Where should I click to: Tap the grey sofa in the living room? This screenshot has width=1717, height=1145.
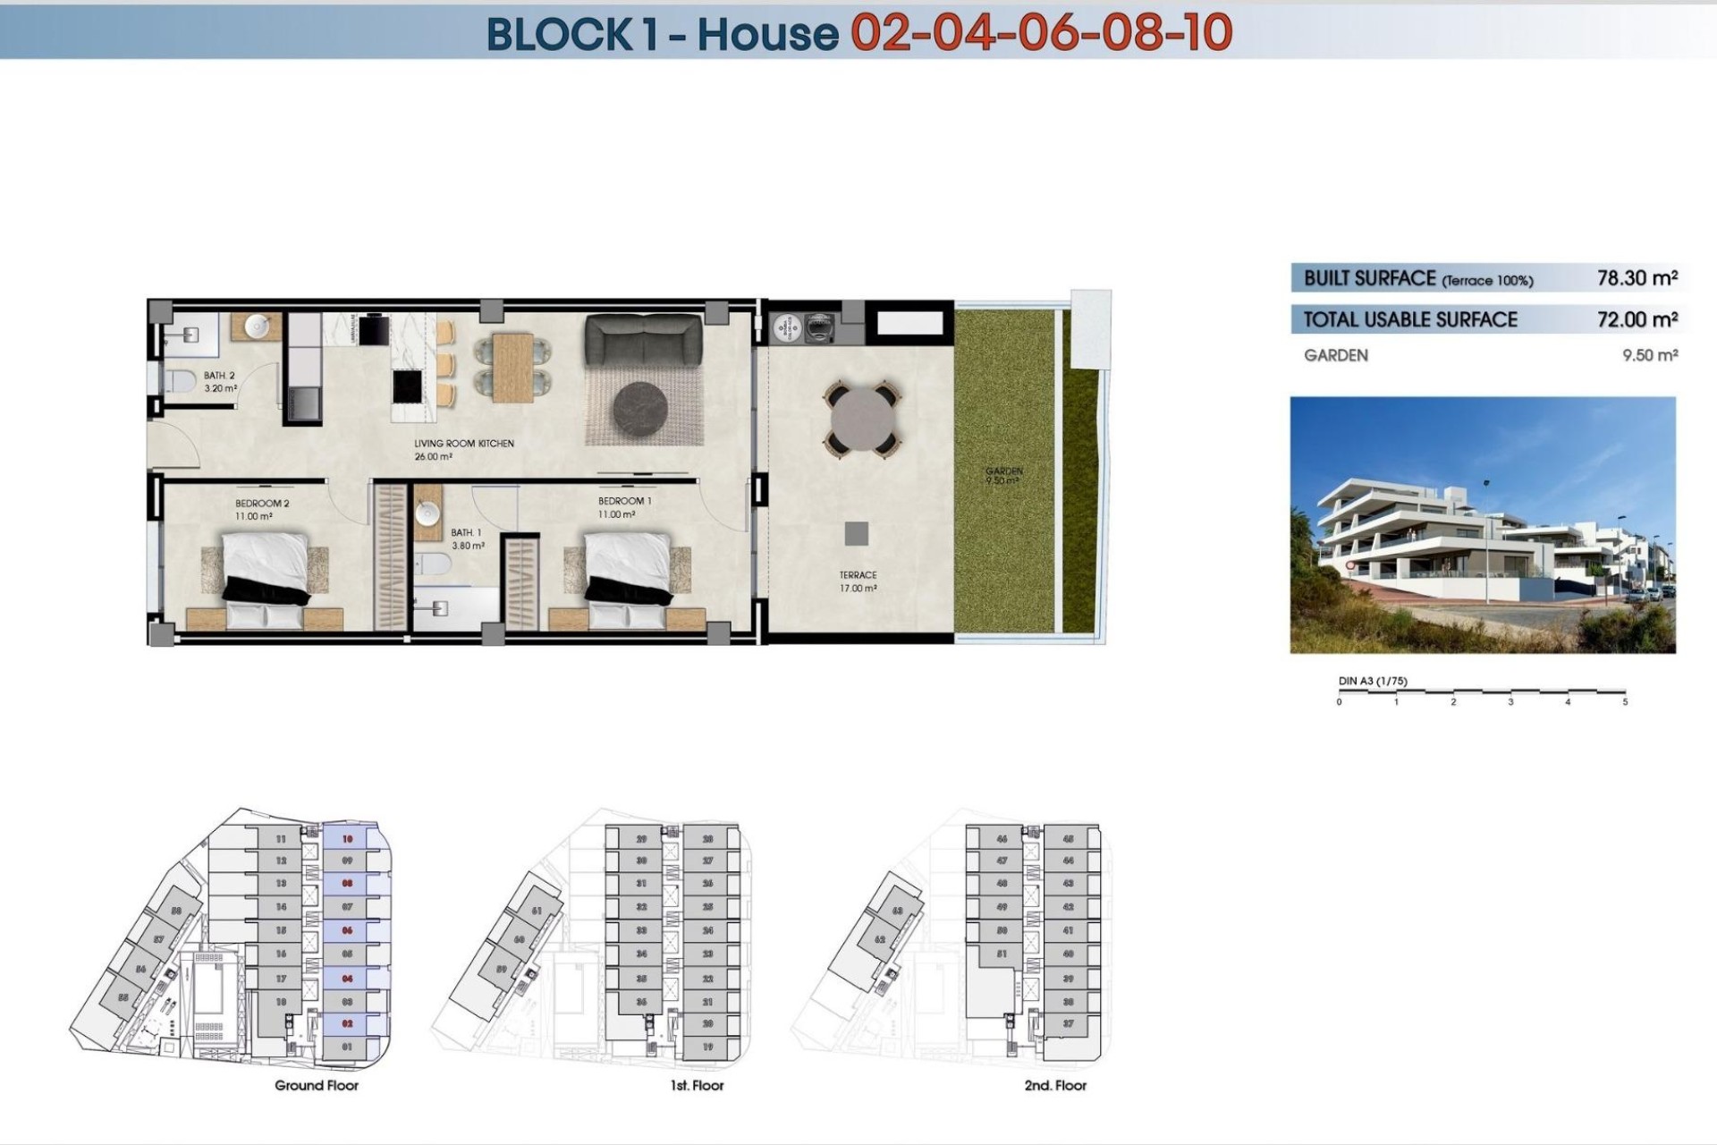click(x=643, y=340)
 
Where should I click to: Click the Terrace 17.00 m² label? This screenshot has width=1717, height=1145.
click(x=858, y=581)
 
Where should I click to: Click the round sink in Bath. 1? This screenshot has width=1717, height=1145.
click(x=427, y=513)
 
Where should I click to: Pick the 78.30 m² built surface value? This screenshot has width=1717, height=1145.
click(x=1637, y=278)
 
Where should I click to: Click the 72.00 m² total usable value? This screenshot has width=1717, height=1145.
click(x=1637, y=319)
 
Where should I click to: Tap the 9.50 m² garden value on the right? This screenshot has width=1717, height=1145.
click(x=1649, y=355)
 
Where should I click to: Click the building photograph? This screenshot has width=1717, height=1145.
click(x=1482, y=525)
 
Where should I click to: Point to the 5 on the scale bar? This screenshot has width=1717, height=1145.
click(x=1625, y=702)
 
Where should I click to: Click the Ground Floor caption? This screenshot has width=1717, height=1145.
click(x=317, y=1085)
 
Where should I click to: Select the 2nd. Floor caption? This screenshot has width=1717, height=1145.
click(x=1055, y=1085)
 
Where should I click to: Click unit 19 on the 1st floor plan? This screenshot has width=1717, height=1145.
click(x=707, y=1047)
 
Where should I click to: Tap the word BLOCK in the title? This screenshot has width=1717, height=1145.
click(x=559, y=34)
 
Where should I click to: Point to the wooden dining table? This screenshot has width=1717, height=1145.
click(x=512, y=366)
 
